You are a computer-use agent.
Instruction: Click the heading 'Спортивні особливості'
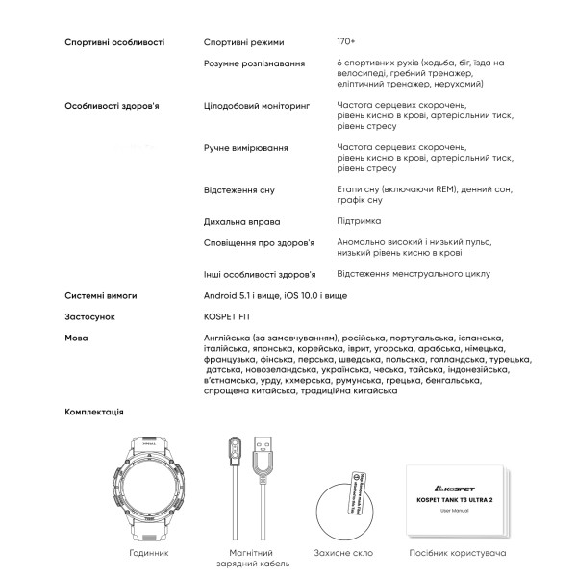tap(114, 42)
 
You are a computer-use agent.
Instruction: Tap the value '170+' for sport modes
tap(344, 42)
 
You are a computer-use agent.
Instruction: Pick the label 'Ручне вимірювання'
tap(246, 148)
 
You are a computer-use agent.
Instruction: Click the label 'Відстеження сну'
tap(240, 190)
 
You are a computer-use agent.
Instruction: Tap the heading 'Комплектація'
tap(94, 411)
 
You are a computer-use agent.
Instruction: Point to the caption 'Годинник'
tap(149, 554)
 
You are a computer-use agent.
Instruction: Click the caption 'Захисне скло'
tap(342, 554)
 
